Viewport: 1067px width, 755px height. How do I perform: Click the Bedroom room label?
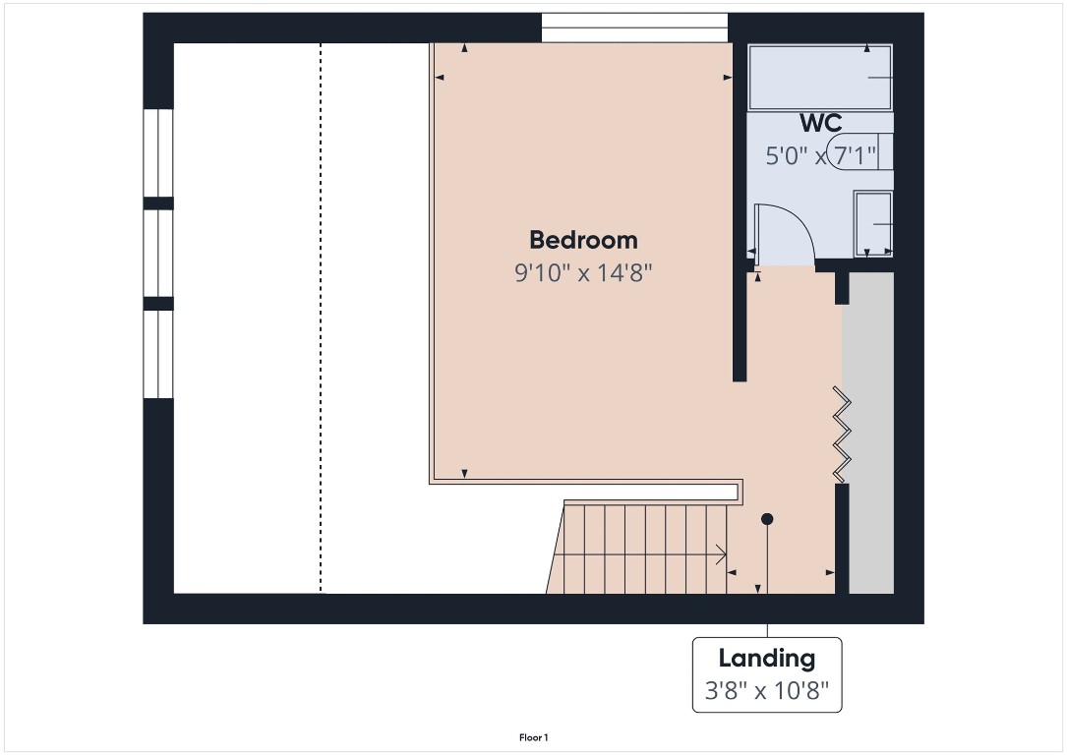(x=583, y=240)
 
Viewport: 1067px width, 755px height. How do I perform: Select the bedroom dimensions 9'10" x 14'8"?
(x=583, y=272)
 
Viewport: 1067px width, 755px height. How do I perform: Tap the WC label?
(x=820, y=124)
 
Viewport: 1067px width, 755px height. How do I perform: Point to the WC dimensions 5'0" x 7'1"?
(x=820, y=155)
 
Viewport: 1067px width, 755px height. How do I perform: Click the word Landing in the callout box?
(x=766, y=659)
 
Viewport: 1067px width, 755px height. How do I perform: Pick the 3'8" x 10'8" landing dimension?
(x=766, y=691)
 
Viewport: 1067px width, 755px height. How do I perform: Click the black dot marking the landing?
(x=767, y=518)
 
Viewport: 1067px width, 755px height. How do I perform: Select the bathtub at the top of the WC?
(x=820, y=77)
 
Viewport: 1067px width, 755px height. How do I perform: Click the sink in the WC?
(x=873, y=224)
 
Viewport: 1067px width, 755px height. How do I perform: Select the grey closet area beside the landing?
(x=870, y=433)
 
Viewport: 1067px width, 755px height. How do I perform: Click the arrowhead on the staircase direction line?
(x=721, y=554)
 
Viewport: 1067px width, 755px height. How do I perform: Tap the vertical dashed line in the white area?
(x=321, y=315)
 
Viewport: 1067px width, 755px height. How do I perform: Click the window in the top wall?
(x=634, y=28)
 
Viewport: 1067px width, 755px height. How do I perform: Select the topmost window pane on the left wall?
(x=158, y=152)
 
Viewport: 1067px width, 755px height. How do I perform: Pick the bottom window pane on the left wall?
(x=158, y=354)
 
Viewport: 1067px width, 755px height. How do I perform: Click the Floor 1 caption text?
(x=533, y=736)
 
